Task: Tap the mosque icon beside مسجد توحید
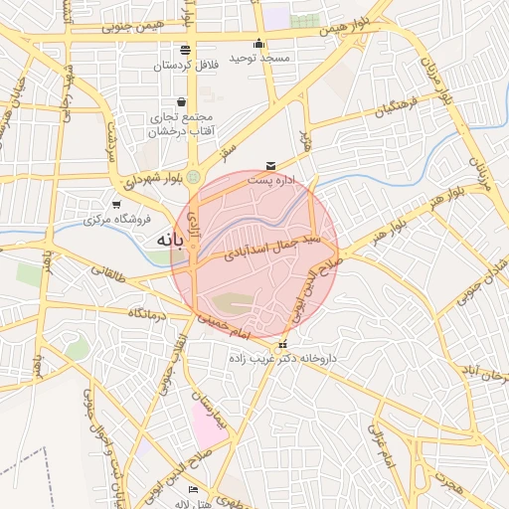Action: coord(259,43)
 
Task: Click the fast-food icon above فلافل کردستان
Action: coord(185,50)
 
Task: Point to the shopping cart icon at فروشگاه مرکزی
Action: coord(116,205)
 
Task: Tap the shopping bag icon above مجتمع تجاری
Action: coord(180,101)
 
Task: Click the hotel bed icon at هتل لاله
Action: coord(193,490)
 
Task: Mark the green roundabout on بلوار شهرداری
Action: coord(193,177)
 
